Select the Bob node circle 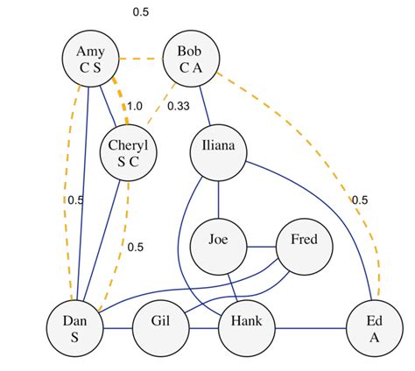click(x=191, y=59)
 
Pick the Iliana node click(x=216, y=147)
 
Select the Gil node click(x=160, y=329)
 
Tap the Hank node click(x=245, y=329)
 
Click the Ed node click(x=375, y=329)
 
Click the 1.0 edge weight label click(x=135, y=106)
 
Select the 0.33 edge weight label click(x=177, y=106)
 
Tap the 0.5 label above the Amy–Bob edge click(x=140, y=12)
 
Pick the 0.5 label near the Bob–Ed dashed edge click(x=360, y=200)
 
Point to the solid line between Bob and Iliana click(x=203, y=103)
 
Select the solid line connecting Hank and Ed click(x=310, y=329)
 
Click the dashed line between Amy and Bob click(x=140, y=59)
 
